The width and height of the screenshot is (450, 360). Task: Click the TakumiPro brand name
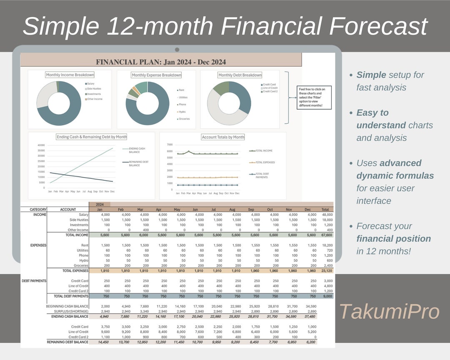click(x=389, y=312)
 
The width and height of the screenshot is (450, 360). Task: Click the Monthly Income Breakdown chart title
click(x=70, y=75)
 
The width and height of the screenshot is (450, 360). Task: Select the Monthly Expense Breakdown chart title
click(x=156, y=75)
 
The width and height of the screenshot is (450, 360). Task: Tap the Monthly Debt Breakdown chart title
click(x=240, y=75)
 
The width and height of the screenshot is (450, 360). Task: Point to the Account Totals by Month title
click(x=223, y=137)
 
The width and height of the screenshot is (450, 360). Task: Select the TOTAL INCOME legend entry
click(x=264, y=151)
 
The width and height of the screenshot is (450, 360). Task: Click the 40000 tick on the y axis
click(x=41, y=145)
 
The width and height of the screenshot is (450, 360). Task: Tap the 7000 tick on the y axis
click(x=170, y=145)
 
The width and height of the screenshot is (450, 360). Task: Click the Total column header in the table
click(x=325, y=210)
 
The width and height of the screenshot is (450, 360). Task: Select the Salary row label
click(x=83, y=215)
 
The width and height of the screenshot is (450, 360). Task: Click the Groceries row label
click(x=81, y=265)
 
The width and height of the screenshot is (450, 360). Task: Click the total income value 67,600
click(x=327, y=235)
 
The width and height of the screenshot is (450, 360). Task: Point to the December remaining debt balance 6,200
click(x=310, y=342)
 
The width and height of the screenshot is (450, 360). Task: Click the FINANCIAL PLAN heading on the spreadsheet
click(x=161, y=62)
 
